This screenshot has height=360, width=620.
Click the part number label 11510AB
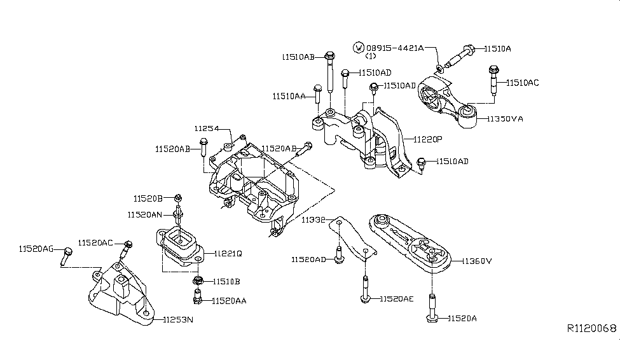click(x=298, y=57)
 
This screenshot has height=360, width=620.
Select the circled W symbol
click(x=359, y=48)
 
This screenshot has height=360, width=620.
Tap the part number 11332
click(x=313, y=220)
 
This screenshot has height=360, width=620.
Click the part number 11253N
click(x=177, y=319)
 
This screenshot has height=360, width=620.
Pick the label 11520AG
click(x=36, y=248)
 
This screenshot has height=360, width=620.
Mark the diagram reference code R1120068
click(x=591, y=329)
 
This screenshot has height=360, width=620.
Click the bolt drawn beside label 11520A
click(x=432, y=308)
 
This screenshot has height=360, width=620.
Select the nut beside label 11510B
click(x=198, y=280)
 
